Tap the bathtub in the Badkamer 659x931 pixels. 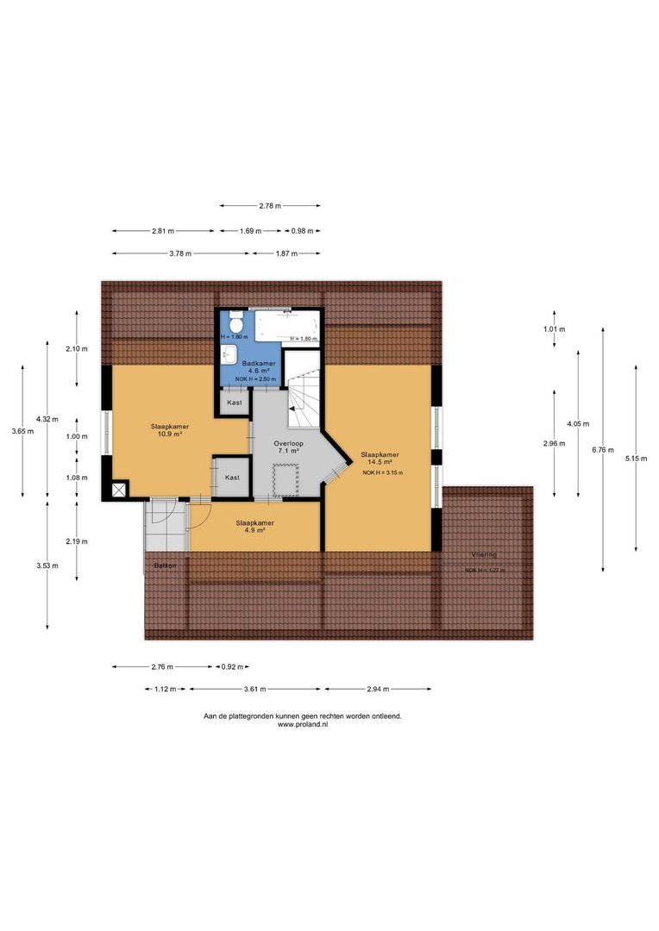pyautogui.click(x=286, y=327)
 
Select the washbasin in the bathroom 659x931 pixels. pyautogui.click(x=229, y=354)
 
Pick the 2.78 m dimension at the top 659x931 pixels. pyautogui.click(x=270, y=206)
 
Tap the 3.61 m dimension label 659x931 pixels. pyautogui.click(x=254, y=690)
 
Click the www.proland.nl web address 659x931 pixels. pyautogui.click(x=302, y=725)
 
